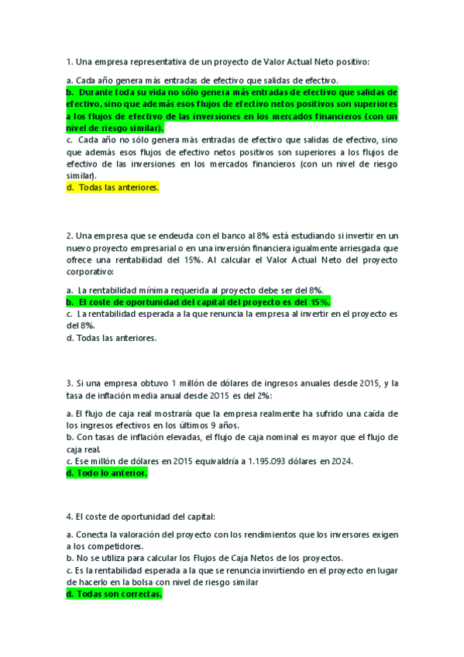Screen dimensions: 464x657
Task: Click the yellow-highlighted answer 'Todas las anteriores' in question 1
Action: (x=113, y=187)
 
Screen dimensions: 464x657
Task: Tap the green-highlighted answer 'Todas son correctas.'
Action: (x=115, y=594)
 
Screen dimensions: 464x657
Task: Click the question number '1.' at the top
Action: (x=70, y=61)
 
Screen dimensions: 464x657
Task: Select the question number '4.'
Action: (x=70, y=515)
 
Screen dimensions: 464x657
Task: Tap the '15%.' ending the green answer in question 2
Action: (x=320, y=301)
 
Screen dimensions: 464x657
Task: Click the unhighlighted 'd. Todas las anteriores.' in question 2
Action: (x=112, y=338)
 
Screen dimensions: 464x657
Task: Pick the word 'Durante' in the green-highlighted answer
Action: (x=97, y=91)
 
